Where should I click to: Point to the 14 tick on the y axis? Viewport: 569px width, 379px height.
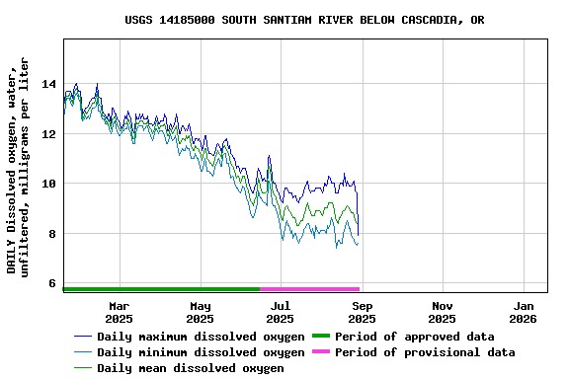click(47, 84)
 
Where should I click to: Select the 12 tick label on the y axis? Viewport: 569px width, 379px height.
click(47, 134)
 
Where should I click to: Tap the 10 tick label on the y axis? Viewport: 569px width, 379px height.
click(47, 184)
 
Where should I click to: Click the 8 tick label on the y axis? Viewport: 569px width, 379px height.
click(51, 234)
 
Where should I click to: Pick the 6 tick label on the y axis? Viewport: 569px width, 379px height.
click(51, 283)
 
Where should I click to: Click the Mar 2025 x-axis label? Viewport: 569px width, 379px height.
click(119, 312)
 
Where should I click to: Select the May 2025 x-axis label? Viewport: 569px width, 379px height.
click(200, 312)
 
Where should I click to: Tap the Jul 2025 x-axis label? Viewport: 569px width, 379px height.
click(281, 312)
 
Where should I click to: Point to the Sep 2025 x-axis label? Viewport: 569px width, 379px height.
click(362, 312)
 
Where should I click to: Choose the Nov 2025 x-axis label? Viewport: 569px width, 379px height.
click(443, 312)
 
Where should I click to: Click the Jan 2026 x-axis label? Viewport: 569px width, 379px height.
click(523, 312)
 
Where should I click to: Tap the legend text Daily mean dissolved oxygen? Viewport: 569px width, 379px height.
click(190, 368)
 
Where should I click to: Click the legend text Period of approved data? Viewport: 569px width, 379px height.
click(414, 337)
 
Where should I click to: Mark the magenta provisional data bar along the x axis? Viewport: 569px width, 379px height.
click(309, 289)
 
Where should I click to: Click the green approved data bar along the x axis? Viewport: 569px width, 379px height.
click(161, 289)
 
